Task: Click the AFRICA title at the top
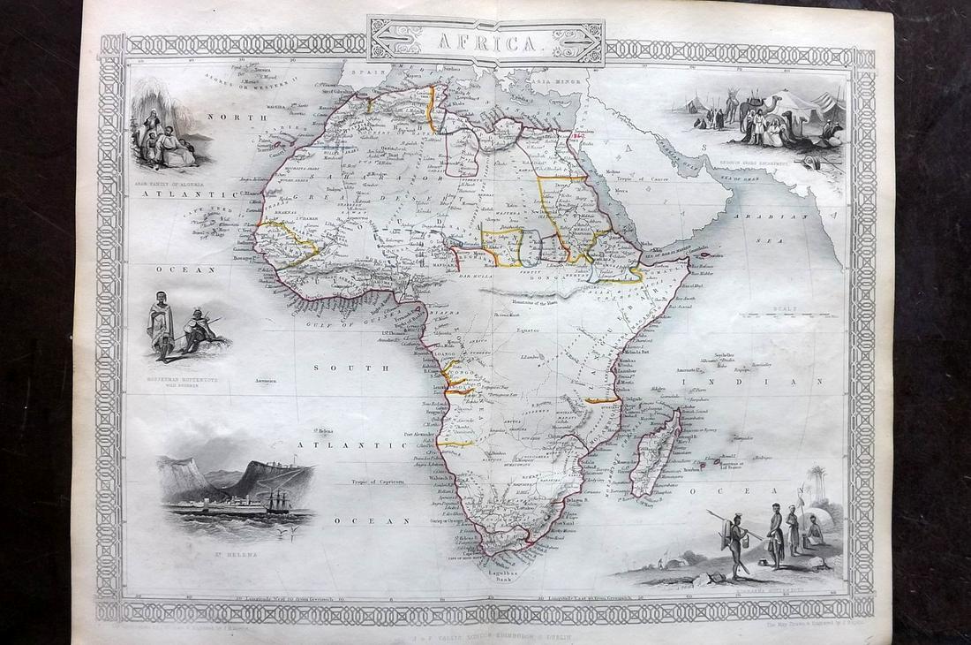point(485,41)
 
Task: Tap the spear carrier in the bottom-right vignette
point(734,543)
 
